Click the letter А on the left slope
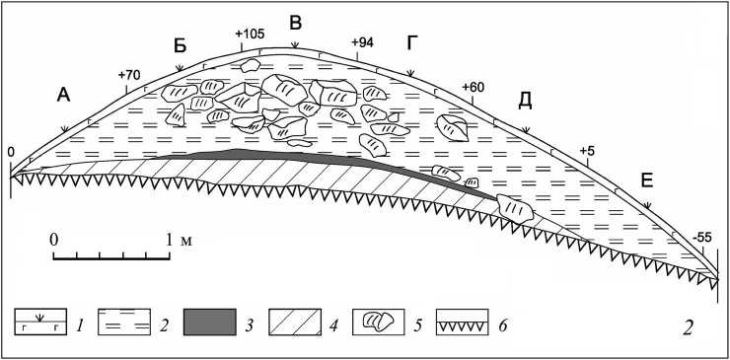(x=63, y=95)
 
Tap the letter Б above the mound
(x=181, y=46)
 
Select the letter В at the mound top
(x=296, y=23)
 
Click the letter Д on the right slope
(x=525, y=102)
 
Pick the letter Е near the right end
(x=647, y=181)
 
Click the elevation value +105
(x=250, y=34)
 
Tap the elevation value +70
(x=129, y=75)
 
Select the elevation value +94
(x=362, y=42)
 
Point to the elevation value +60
(x=473, y=87)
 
